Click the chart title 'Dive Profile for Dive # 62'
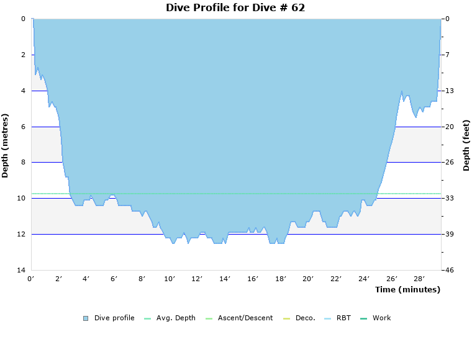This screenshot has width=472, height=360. pyautogui.click(x=235, y=8)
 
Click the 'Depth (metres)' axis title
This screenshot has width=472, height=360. pyautogui.click(x=6, y=145)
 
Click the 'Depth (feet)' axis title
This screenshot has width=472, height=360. pyautogui.click(x=466, y=145)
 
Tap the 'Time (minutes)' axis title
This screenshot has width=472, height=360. pyautogui.click(x=407, y=290)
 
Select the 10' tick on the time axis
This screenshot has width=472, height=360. pyautogui.click(x=170, y=279)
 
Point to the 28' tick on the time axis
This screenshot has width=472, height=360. pyautogui.click(x=419, y=279)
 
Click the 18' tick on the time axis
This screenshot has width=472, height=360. pyautogui.click(x=281, y=279)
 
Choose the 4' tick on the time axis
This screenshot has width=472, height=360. pyautogui.click(x=86, y=279)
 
